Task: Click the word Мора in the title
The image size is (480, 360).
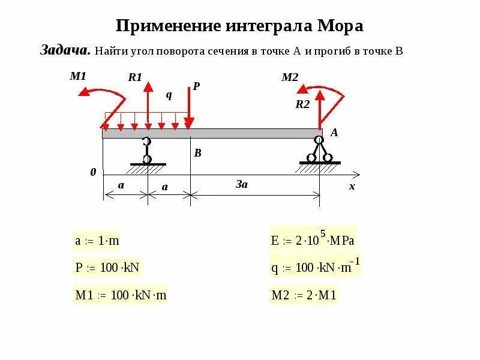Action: pos(337,26)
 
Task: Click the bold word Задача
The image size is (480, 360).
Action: pos(65,50)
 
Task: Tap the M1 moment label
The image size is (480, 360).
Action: pos(78,76)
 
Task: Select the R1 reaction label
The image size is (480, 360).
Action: pos(134,77)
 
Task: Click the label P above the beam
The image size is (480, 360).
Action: pos(196,86)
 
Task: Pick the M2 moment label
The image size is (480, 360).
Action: pos(290,77)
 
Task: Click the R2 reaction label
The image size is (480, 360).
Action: pos(302,104)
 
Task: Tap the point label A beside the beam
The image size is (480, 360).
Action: pos(335,134)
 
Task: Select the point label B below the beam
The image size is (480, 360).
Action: pos(197,154)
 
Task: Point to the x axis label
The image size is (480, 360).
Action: pos(352,187)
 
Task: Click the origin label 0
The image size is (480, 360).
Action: pos(93,172)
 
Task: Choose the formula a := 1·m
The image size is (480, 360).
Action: pos(97,241)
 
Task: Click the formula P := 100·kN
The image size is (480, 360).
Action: pos(107,268)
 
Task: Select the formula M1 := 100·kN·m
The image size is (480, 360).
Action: pos(120,295)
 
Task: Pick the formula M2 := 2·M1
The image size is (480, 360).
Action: pos(304,295)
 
